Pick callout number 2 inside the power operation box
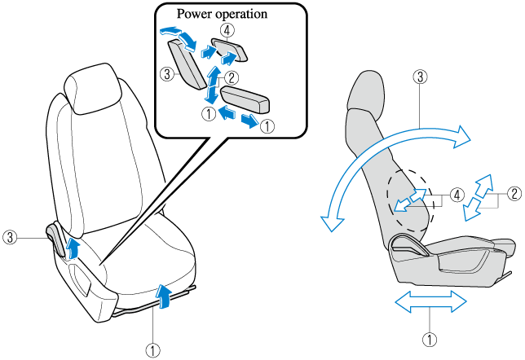coord(232,78)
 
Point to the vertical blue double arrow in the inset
coord(212,85)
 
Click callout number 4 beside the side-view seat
coord(457,195)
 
